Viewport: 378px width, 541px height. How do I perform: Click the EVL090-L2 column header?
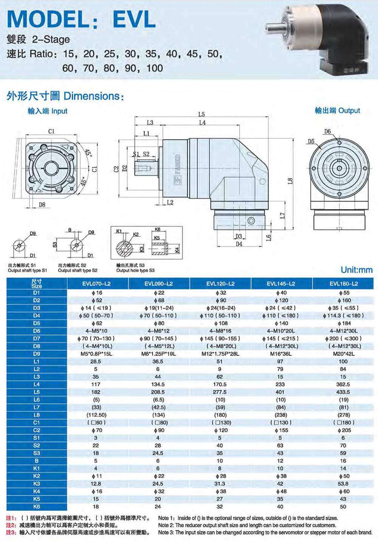(158, 284)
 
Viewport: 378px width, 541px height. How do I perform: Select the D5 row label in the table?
(37, 323)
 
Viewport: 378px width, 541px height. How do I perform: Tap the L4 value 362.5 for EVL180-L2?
(343, 384)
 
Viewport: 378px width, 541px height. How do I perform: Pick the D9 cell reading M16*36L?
(280, 354)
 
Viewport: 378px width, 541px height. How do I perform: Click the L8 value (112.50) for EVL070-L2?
(96, 415)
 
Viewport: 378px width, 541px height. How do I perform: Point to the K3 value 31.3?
(220, 484)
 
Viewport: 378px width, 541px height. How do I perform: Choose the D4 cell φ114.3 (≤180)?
(343, 316)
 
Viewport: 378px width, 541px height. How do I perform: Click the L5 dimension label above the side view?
(201, 114)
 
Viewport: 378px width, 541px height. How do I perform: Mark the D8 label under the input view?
(42, 205)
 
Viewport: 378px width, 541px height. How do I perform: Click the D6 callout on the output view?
(327, 131)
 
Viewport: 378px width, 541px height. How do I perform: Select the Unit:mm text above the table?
(356, 270)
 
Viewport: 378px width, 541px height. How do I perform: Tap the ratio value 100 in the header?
(155, 68)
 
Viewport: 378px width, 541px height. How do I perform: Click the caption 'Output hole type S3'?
(135, 270)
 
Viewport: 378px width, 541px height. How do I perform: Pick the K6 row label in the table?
(37, 507)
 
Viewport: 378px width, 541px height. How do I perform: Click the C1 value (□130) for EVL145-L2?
(281, 423)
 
